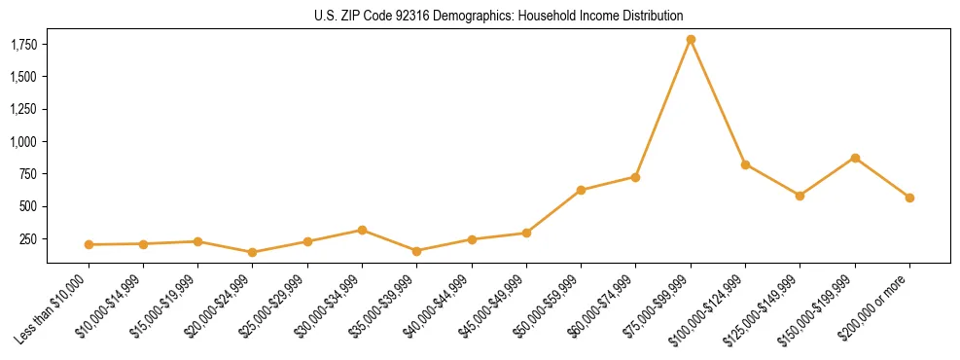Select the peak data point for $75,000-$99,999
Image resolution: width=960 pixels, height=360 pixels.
pos(691,40)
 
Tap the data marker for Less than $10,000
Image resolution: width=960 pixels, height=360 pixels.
pos(89,244)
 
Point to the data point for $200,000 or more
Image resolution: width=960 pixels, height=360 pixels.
pos(909,198)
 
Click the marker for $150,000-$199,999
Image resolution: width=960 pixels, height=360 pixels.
pos(855,158)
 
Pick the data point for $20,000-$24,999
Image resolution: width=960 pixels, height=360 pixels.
pos(253,252)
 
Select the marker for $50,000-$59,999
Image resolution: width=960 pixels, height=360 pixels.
pos(581,190)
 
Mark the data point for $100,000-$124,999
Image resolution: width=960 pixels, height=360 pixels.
pos(745,164)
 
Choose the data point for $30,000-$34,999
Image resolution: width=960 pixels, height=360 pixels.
pos(362,231)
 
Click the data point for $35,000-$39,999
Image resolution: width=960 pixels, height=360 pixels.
pos(416,251)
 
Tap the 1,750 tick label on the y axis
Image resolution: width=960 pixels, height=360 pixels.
pos(23,45)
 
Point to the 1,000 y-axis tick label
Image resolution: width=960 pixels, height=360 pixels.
pos(23,142)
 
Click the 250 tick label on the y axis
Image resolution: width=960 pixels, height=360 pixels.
pos(29,239)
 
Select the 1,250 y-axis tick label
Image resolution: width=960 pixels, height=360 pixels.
pos(23,110)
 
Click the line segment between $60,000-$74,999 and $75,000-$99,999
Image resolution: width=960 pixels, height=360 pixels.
pos(663,108)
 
